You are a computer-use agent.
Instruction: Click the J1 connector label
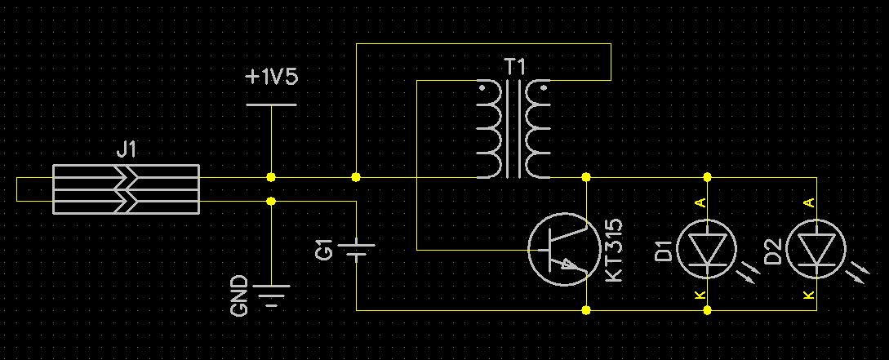tap(126, 149)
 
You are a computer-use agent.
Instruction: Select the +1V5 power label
tap(272, 77)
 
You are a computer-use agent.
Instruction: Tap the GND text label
tap(239, 296)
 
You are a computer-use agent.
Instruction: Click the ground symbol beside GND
tap(272, 295)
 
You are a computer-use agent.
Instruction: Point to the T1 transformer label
tap(515, 68)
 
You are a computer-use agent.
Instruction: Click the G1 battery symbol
tap(356, 250)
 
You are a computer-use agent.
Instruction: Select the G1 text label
tap(324, 251)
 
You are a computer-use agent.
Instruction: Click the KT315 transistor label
tap(614, 250)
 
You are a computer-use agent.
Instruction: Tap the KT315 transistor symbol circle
tap(564, 250)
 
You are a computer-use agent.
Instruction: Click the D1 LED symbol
tap(707, 250)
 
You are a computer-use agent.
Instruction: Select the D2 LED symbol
tap(816, 250)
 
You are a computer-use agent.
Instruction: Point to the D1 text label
tap(663, 251)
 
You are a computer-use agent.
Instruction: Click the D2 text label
tap(773, 251)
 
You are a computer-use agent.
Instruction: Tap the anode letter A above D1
tap(700, 202)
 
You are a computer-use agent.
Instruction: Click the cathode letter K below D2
tap(809, 295)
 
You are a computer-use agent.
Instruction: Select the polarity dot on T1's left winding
tap(482, 88)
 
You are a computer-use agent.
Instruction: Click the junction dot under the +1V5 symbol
tap(271, 177)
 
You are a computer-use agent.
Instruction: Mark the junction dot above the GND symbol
tap(271, 202)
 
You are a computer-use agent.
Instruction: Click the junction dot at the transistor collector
tap(586, 177)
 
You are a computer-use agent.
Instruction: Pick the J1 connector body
tap(126, 189)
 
